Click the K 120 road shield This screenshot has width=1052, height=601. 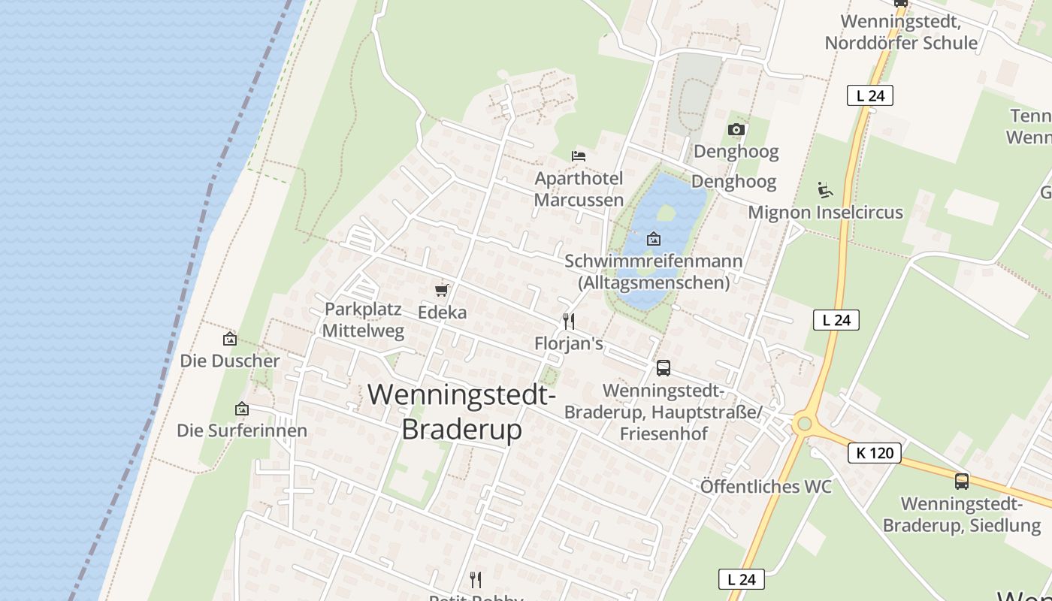pos(875,453)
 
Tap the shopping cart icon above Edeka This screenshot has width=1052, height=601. pos(442,290)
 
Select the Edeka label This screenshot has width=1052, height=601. pos(442,312)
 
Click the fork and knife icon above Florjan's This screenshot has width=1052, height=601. pos(569,322)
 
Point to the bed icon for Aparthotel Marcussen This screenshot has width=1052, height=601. pos(579,156)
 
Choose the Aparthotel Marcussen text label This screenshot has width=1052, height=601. pos(579,189)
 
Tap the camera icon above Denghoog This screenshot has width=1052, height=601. pos(736,130)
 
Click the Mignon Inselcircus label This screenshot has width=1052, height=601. pos(825,213)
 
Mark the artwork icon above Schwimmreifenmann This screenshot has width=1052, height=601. pos(654,240)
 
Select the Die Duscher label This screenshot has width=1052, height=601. pos(230,361)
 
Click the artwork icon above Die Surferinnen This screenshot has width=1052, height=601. pos(242,409)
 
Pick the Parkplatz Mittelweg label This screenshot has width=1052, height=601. pos(364,320)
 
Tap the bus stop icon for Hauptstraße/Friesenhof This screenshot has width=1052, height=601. pos(664,367)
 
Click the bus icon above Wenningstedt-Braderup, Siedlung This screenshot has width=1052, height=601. pos(962,482)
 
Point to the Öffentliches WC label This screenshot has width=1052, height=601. pos(766,487)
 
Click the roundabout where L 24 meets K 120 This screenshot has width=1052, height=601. pos(805,424)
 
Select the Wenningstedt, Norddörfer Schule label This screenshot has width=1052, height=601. pos(901,32)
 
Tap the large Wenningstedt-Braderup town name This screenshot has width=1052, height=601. pos(461,412)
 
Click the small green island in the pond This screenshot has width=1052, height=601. pos(666,213)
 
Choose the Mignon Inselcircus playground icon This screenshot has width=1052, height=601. pos(825,190)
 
